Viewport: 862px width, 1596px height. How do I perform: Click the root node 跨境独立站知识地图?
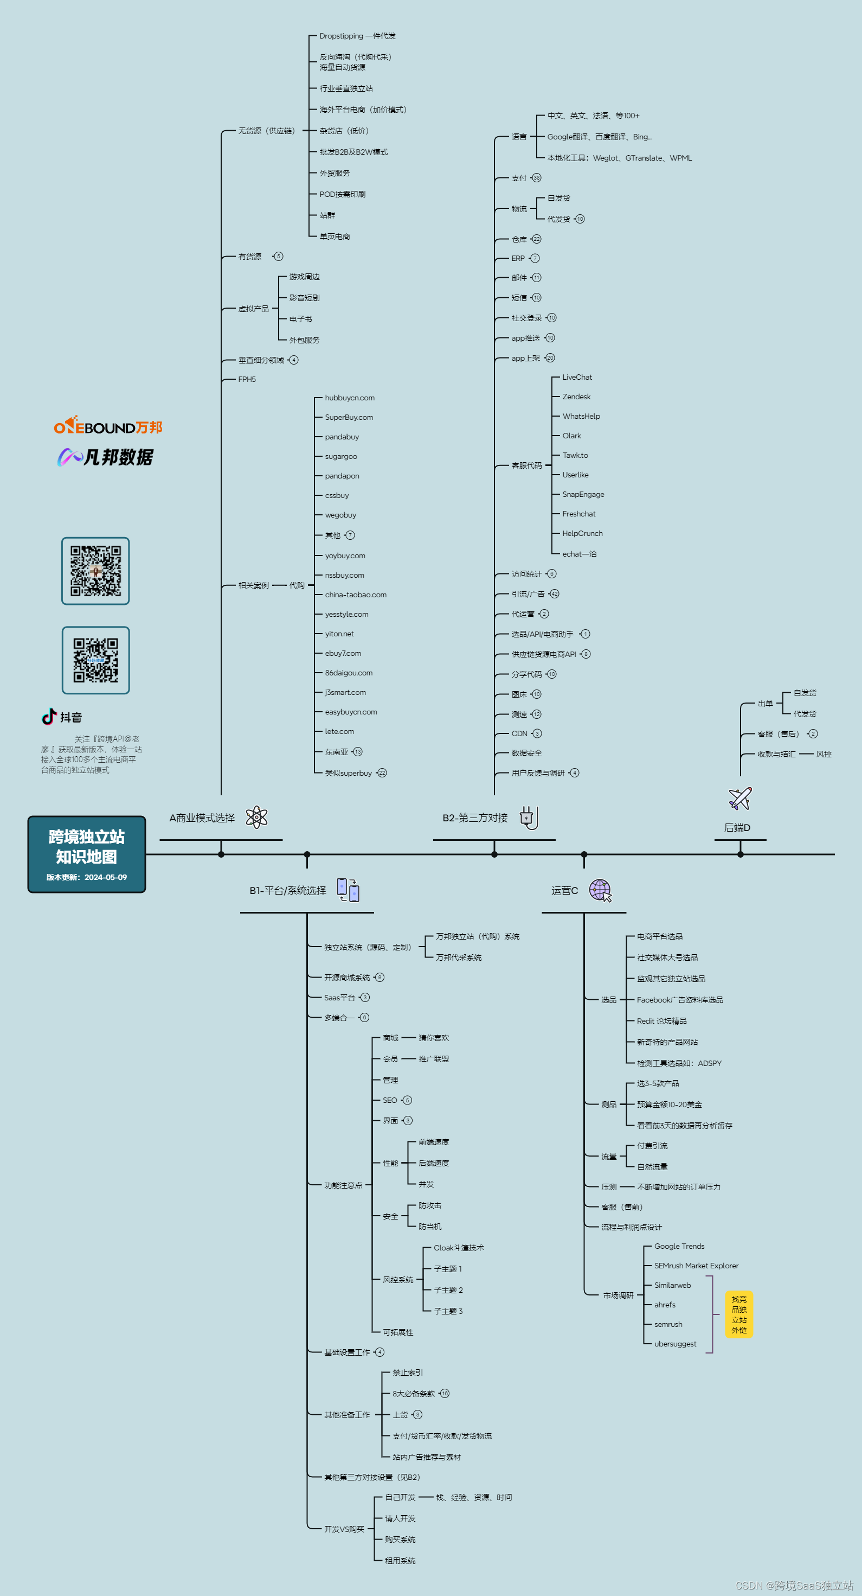point(87,854)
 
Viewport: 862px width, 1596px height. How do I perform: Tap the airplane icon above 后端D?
point(740,799)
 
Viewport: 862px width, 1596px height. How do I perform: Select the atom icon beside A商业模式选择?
point(256,817)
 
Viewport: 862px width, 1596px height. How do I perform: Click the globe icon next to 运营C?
point(600,890)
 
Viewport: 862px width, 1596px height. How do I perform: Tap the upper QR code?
point(95,571)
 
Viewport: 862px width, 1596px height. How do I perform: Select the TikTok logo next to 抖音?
point(49,717)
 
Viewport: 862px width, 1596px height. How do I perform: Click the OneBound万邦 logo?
point(108,426)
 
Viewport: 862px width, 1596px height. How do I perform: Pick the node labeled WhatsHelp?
point(581,416)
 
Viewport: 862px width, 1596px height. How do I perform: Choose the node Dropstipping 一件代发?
point(357,36)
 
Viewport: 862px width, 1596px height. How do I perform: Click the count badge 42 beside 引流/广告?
point(554,593)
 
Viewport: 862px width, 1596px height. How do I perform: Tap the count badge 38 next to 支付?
point(536,178)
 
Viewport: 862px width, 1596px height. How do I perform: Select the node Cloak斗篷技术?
point(458,1248)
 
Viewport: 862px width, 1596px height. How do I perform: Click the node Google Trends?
point(679,1246)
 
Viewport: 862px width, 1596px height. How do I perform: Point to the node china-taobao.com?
point(356,595)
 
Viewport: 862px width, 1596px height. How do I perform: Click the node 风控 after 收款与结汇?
point(824,754)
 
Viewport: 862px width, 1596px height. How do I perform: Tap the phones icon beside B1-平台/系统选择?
point(348,890)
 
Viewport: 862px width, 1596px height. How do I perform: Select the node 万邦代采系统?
point(458,957)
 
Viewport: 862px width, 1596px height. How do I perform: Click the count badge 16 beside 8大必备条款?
point(445,1394)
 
